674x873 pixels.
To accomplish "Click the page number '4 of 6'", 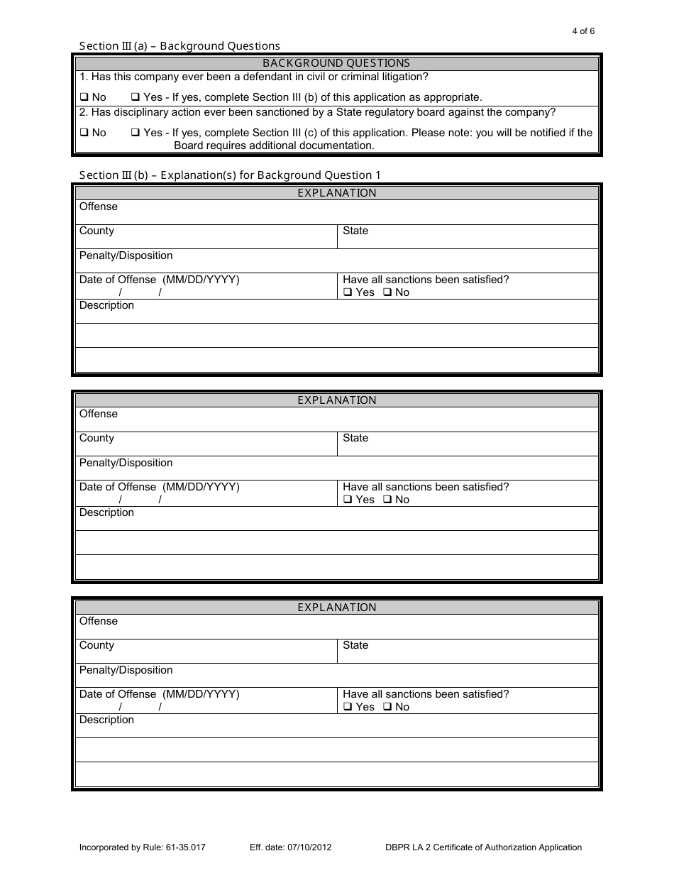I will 583,31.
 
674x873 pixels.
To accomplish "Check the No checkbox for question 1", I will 83,97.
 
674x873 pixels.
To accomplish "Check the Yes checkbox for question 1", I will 135,97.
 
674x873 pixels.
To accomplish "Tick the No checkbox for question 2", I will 83,133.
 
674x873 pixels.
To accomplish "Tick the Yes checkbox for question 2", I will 135,133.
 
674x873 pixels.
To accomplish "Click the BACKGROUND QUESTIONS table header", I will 336,63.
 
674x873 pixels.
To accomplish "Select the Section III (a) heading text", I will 179,46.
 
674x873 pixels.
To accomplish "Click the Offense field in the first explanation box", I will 337,213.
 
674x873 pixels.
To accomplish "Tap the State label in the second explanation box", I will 355,438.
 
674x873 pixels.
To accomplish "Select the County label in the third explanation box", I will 96,645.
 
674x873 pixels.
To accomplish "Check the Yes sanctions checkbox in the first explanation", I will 348,292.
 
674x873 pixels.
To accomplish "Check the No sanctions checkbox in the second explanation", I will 387,500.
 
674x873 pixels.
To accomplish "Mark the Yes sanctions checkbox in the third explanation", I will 348,707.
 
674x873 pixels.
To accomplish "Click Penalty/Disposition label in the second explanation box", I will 126,463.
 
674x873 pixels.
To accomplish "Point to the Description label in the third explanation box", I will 106,720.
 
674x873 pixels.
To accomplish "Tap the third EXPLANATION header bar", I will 336,608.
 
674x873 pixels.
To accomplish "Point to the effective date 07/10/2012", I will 309,847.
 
